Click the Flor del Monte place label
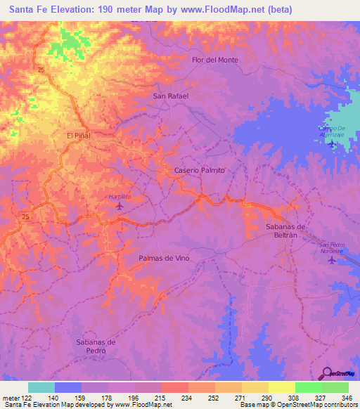tap(215, 60)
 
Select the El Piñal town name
tap(79, 135)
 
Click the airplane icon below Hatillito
tap(119, 206)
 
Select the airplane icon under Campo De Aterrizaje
tap(331, 144)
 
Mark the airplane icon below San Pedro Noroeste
tap(333, 260)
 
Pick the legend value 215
tap(161, 398)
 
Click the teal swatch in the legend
tap(41, 387)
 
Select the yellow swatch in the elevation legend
tap(282, 387)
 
